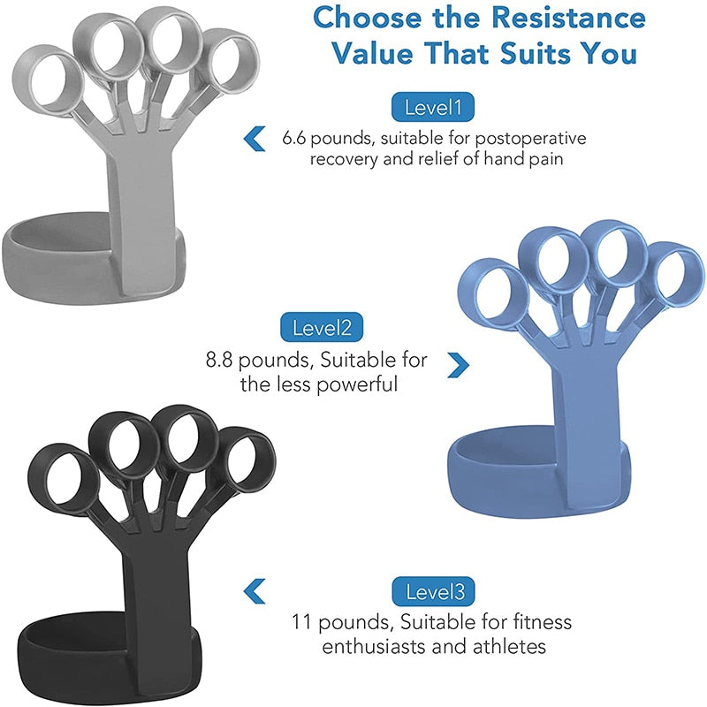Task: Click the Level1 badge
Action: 433,108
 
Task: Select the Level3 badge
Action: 434,590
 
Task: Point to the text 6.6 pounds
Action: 322,139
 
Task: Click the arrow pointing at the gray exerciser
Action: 254,138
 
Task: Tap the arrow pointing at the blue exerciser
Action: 458,362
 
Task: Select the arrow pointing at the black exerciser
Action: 255,589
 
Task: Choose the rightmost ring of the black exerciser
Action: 244,464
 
